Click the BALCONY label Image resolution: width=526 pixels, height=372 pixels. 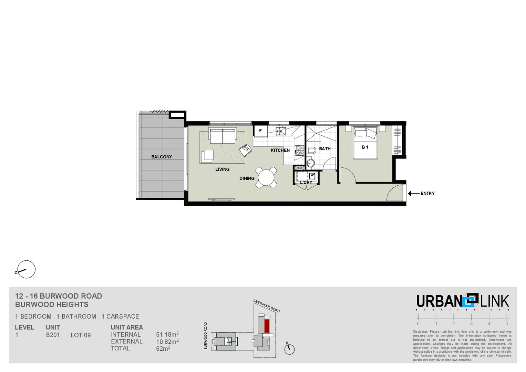pyautogui.click(x=162, y=157)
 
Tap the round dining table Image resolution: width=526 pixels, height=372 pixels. pyautogui.click(x=266, y=178)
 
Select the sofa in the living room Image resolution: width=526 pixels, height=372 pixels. pyautogui.click(x=223, y=136)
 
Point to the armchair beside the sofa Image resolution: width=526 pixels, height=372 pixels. pyautogui.click(x=246, y=150)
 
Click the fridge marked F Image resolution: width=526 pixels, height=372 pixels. pyautogui.click(x=260, y=131)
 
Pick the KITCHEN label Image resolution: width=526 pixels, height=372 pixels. pyautogui.click(x=280, y=150)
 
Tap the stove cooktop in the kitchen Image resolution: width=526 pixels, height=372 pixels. pyautogui.click(x=299, y=151)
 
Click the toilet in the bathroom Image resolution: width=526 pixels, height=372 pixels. pyautogui.click(x=311, y=151)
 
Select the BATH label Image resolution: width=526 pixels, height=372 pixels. pyautogui.click(x=325, y=149)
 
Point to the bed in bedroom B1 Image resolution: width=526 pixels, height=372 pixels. pyautogui.click(x=365, y=143)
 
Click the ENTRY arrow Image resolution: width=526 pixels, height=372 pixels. pyautogui.click(x=413, y=194)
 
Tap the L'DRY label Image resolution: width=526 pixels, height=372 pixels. pyautogui.click(x=306, y=183)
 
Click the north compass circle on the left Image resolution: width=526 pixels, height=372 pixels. pyautogui.click(x=26, y=269)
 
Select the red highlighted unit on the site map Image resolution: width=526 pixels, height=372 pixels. pyautogui.click(x=267, y=326)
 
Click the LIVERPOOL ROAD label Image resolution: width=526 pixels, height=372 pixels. pyautogui.click(x=266, y=306)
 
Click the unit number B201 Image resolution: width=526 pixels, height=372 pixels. pyautogui.click(x=53, y=335)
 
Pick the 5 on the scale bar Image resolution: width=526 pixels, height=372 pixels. pyautogui.click(x=506, y=324)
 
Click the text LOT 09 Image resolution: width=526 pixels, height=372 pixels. pyautogui.click(x=81, y=335)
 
